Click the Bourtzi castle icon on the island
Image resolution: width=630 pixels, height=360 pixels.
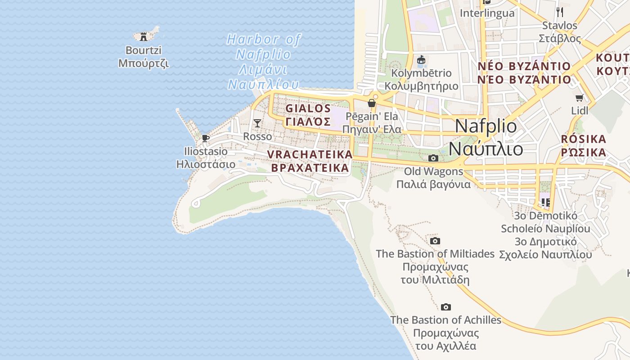tap(144, 36)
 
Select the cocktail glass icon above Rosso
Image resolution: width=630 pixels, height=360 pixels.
tap(257, 123)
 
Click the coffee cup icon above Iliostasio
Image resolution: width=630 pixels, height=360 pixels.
tap(206, 138)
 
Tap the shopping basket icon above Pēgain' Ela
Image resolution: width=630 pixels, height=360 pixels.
tap(372, 103)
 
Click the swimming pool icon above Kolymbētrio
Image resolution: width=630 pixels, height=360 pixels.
tap(422, 60)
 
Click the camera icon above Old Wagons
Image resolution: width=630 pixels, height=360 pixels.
tap(433, 158)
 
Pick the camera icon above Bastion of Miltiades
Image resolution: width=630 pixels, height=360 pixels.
tap(435, 241)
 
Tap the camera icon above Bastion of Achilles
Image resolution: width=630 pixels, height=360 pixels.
tap(445, 307)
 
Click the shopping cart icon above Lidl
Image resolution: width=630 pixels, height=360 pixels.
tap(580, 98)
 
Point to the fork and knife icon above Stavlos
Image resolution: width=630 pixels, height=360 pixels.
tap(560, 12)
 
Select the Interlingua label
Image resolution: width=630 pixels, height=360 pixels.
tap(487, 13)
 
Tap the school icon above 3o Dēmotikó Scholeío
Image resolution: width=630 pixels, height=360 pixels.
tap(546, 202)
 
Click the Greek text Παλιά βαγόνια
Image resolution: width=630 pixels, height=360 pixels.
tap(433, 184)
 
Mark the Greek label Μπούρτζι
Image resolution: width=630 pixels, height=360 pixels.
tap(144, 63)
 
